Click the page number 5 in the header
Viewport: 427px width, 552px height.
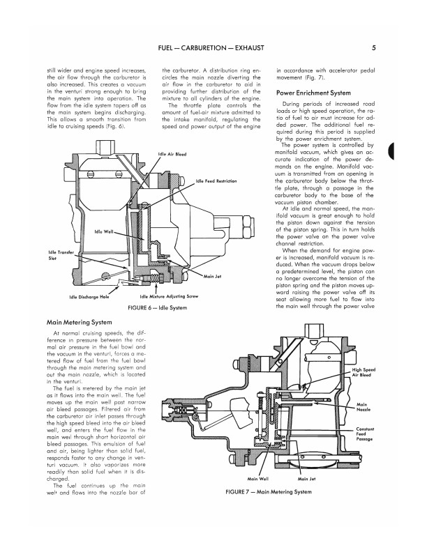(x=375, y=48)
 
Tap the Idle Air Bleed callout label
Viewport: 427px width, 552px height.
(x=172, y=155)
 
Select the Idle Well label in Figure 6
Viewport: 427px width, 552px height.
(x=104, y=232)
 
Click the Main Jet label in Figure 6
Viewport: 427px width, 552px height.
(x=213, y=277)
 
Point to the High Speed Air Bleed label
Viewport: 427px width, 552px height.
(x=364, y=371)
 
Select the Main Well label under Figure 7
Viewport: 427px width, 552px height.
(x=260, y=479)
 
